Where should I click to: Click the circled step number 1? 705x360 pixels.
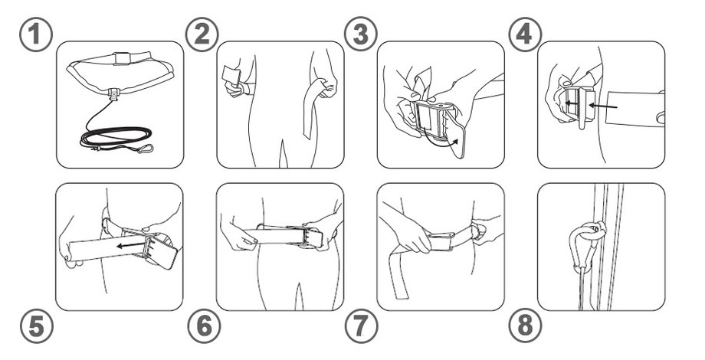pyautogui.click(x=36, y=34)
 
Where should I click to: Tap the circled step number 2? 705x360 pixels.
pyautogui.click(x=202, y=34)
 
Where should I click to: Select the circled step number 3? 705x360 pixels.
pyautogui.click(x=361, y=34)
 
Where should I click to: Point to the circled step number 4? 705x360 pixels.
pyautogui.click(x=525, y=34)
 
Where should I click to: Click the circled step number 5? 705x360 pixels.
pyautogui.click(x=37, y=327)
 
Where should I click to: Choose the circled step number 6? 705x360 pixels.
pyautogui.click(x=204, y=327)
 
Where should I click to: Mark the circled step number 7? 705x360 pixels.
pyautogui.click(x=362, y=327)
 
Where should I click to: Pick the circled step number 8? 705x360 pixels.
pyautogui.click(x=525, y=327)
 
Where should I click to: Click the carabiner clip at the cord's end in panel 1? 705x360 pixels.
pyautogui.click(x=145, y=149)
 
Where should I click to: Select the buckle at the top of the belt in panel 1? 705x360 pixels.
pyautogui.click(x=120, y=58)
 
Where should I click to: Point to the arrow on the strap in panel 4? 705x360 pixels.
pyautogui.click(x=603, y=106)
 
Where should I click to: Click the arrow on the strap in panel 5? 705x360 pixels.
pyautogui.click(x=130, y=245)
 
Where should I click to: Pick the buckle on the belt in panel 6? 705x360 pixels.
pyautogui.click(x=310, y=237)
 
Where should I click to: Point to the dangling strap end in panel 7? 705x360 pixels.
pyautogui.click(x=397, y=270)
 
